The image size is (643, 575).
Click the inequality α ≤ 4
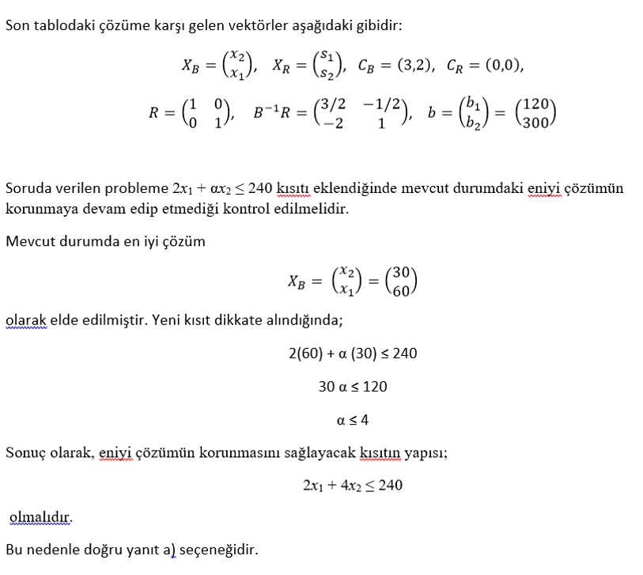(353, 420)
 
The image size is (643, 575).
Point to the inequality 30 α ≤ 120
(353, 387)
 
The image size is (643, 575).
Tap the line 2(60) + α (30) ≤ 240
(353, 354)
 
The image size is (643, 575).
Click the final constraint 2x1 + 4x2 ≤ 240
(353, 485)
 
